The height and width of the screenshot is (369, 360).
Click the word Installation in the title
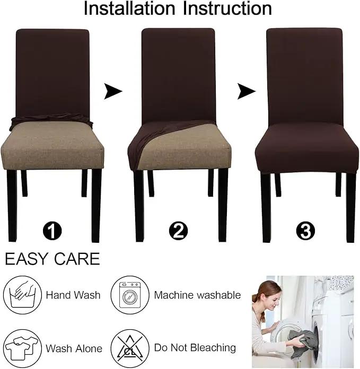click(x=130, y=8)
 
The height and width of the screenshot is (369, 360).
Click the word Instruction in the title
click(x=227, y=8)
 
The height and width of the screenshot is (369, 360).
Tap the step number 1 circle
click(x=52, y=231)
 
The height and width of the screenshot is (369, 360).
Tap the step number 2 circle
click(x=178, y=231)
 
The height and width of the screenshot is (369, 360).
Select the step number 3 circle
click(x=305, y=231)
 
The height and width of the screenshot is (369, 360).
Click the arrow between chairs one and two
click(x=113, y=91)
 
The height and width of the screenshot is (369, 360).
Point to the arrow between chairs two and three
click(x=247, y=91)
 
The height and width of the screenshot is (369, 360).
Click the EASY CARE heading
click(x=52, y=259)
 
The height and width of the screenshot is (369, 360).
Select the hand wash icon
click(x=22, y=295)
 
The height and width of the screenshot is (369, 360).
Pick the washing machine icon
click(x=130, y=295)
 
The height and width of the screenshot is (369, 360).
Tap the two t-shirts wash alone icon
click(x=22, y=348)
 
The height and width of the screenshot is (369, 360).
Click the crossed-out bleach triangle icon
click(x=130, y=348)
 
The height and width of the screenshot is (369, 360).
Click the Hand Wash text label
click(x=73, y=295)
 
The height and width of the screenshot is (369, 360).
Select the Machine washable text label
click(x=197, y=295)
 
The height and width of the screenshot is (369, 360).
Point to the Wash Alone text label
click(x=74, y=348)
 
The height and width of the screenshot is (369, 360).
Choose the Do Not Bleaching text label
click(x=195, y=348)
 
